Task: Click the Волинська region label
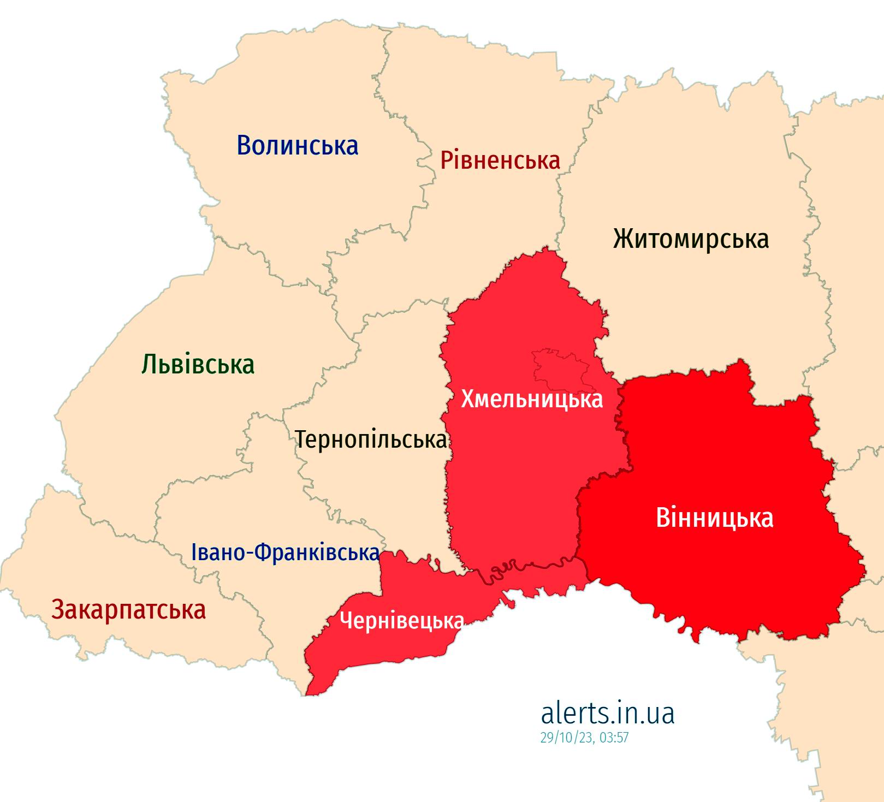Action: [x=298, y=146]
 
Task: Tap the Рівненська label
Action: [x=500, y=161]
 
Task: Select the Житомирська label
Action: [x=691, y=239]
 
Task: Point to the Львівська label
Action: [x=198, y=364]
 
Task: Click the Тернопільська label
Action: [x=371, y=439]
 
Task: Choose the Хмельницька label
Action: [x=531, y=399]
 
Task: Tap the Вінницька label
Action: [x=714, y=518]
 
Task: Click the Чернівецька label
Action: [x=401, y=621]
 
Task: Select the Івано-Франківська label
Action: [x=285, y=553]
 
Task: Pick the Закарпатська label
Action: [x=128, y=609]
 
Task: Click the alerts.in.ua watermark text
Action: [x=607, y=712]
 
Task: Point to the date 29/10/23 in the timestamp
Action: [x=566, y=738]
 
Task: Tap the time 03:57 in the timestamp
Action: [x=614, y=738]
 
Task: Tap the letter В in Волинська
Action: [x=244, y=146]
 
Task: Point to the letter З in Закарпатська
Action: [x=58, y=609]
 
